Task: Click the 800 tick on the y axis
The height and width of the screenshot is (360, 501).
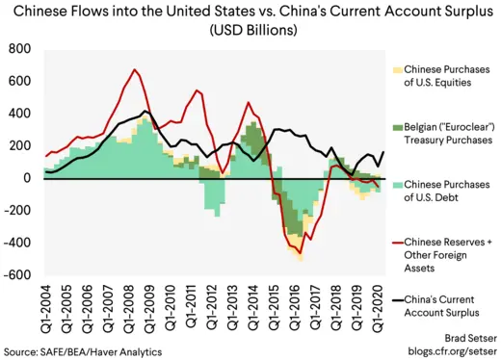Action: pos(21,48)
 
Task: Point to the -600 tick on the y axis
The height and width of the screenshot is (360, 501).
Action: pos(19,275)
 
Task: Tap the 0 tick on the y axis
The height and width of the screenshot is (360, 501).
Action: pos(30,178)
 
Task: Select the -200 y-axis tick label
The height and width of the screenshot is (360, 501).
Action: pos(19,211)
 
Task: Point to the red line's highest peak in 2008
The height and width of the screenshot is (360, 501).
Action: pos(134,69)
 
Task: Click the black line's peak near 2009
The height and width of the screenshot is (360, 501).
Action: pos(145,112)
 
